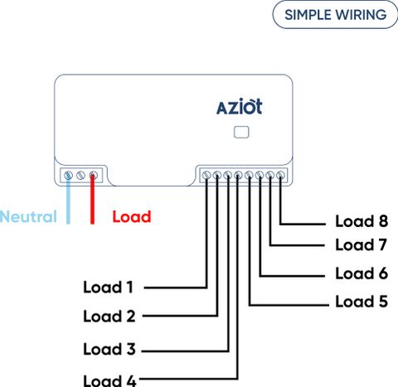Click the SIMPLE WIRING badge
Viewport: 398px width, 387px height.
[x=335, y=14]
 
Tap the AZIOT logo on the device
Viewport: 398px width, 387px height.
[x=240, y=106]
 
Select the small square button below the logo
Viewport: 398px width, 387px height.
[x=241, y=132]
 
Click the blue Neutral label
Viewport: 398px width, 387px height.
[x=28, y=216]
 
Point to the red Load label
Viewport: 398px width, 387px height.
[x=132, y=216]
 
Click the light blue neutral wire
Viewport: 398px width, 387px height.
[x=68, y=200]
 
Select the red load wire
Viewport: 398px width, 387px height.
[x=93, y=200]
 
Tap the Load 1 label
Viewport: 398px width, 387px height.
[x=108, y=287]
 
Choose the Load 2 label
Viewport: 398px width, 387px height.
[x=109, y=316]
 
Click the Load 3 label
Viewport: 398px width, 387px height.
[x=109, y=349]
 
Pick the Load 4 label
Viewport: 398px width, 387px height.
[x=109, y=380]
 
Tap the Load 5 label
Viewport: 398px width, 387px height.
[x=362, y=301]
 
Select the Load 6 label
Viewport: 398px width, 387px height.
[x=362, y=273]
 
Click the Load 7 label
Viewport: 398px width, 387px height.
[x=361, y=244]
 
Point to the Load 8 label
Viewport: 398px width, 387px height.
[x=362, y=221]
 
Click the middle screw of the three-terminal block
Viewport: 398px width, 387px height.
[x=80, y=175]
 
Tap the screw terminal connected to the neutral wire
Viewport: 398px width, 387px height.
[x=68, y=175]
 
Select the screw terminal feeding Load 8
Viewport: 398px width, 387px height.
[x=280, y=175]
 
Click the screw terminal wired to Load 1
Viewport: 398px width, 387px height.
[x=206, y=175]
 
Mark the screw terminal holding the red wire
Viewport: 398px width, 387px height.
[x=94, y=175]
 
